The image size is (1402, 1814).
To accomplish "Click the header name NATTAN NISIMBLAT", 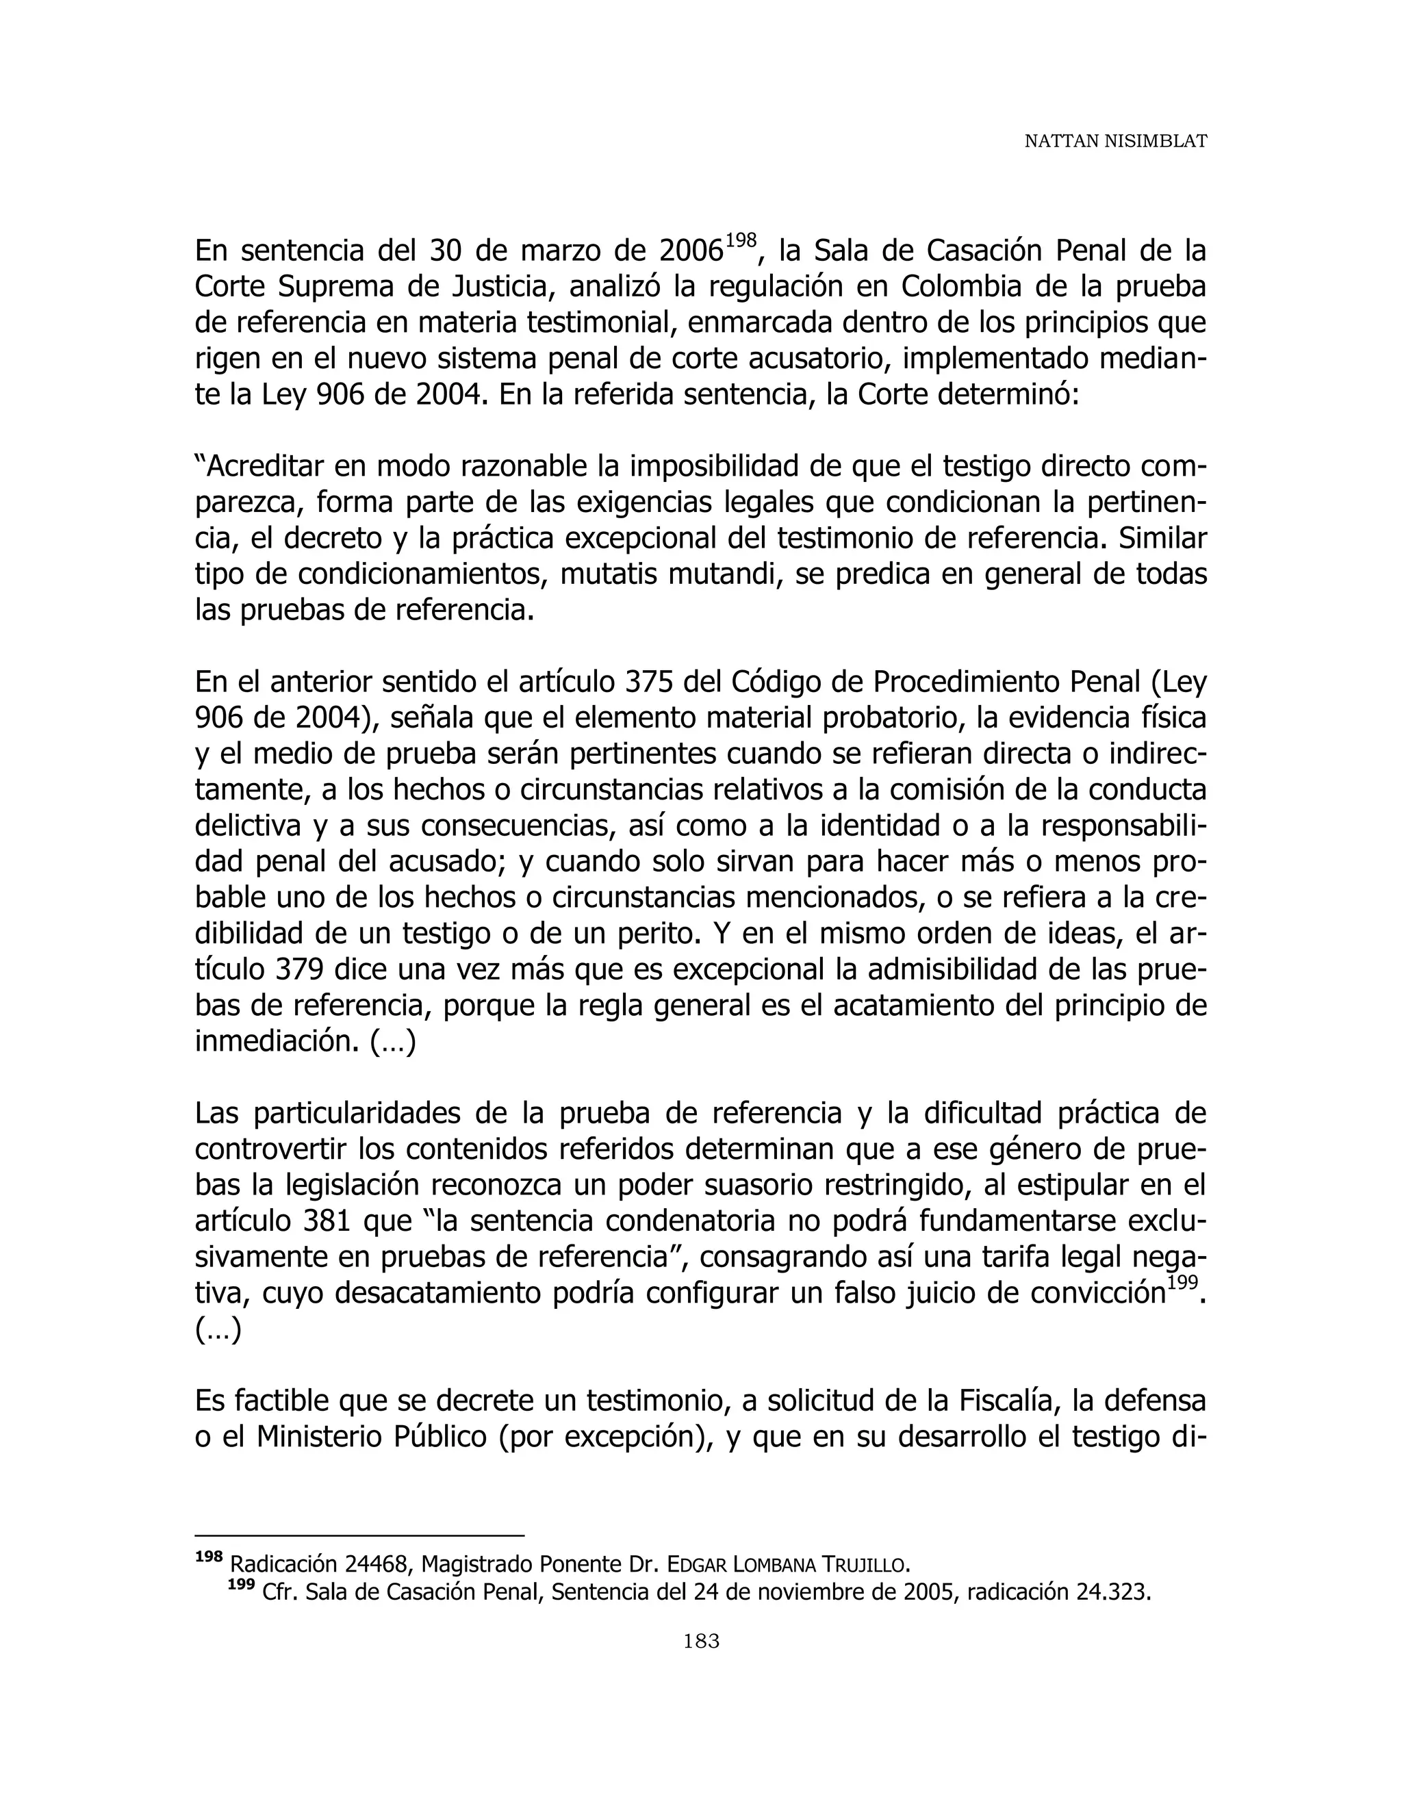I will (x=1114, y=142).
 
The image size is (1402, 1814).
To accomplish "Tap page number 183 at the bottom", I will (x=701, y=1640).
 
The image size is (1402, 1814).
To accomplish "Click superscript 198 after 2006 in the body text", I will (x=741, y=241).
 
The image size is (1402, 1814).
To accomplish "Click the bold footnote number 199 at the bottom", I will (x=241, y=1585).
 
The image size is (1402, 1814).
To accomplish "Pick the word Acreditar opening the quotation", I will (x=262, y=467).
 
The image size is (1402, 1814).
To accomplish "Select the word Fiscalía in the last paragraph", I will (x=1008, y=1401).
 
